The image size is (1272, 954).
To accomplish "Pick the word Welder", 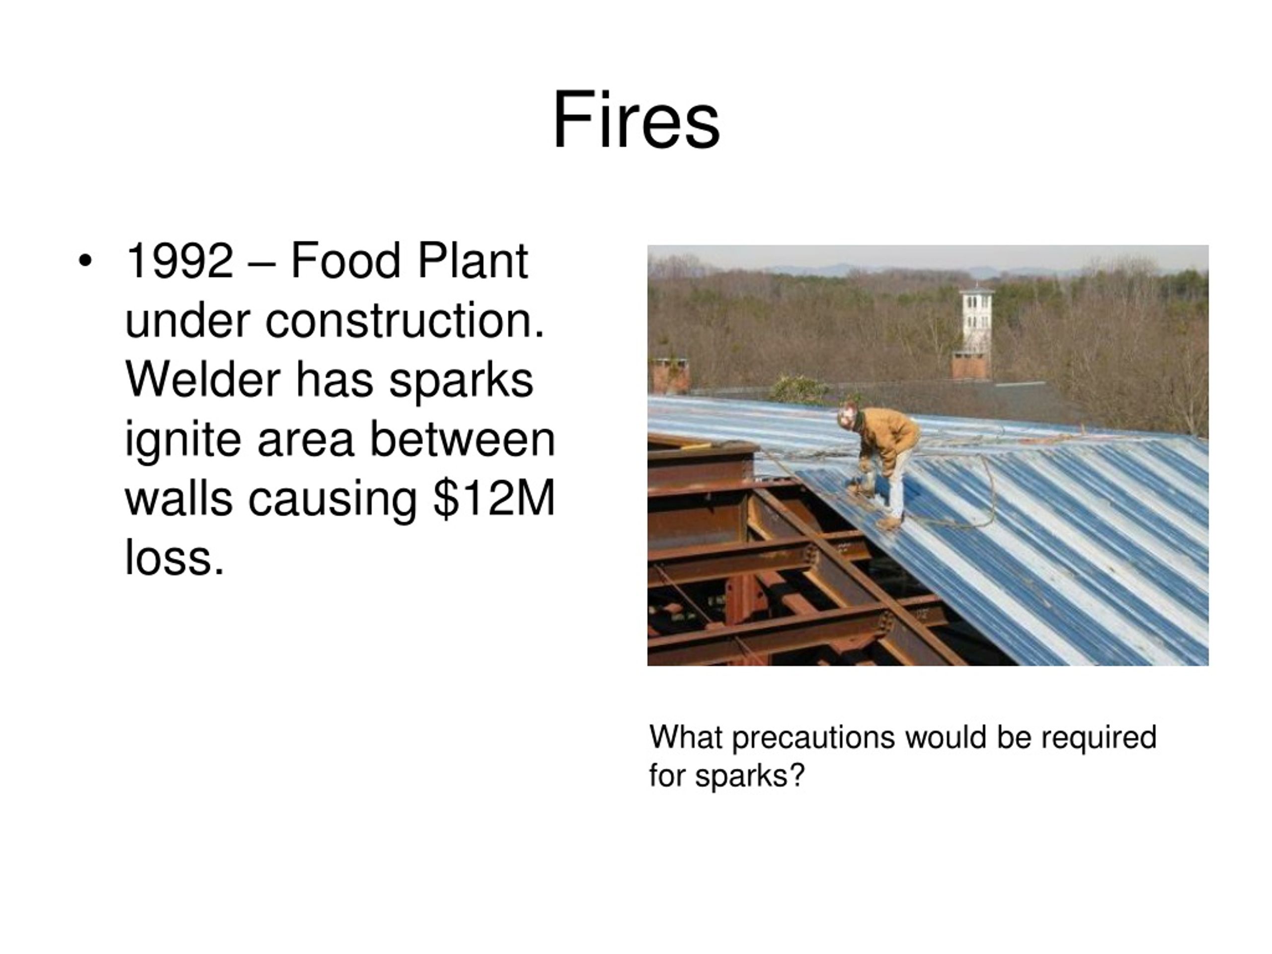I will [x=202, y=380].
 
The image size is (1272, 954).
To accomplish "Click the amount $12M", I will [x=494, y=498].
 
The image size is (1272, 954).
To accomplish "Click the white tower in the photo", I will [x=976, y=322].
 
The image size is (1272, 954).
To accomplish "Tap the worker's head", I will [x=847, y=416].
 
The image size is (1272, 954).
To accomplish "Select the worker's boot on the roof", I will [x=890, y=523].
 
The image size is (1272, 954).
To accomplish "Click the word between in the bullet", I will [x=462, y=440].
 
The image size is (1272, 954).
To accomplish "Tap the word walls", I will [x=178, y=498].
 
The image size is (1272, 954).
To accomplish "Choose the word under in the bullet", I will [x=187, y=321].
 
